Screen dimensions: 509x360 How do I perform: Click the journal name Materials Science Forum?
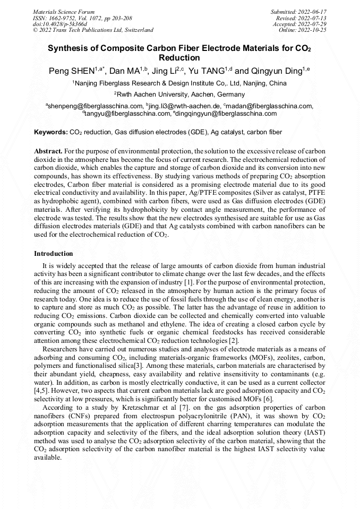[64, 12]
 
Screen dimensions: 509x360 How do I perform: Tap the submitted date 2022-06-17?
[312, 12]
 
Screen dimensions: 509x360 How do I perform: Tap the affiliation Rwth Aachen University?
[164, 94]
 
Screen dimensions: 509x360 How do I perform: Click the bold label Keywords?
[51, 132]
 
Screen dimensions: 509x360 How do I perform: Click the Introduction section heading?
[54, 254]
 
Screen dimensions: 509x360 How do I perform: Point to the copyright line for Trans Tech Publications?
[93, 30]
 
